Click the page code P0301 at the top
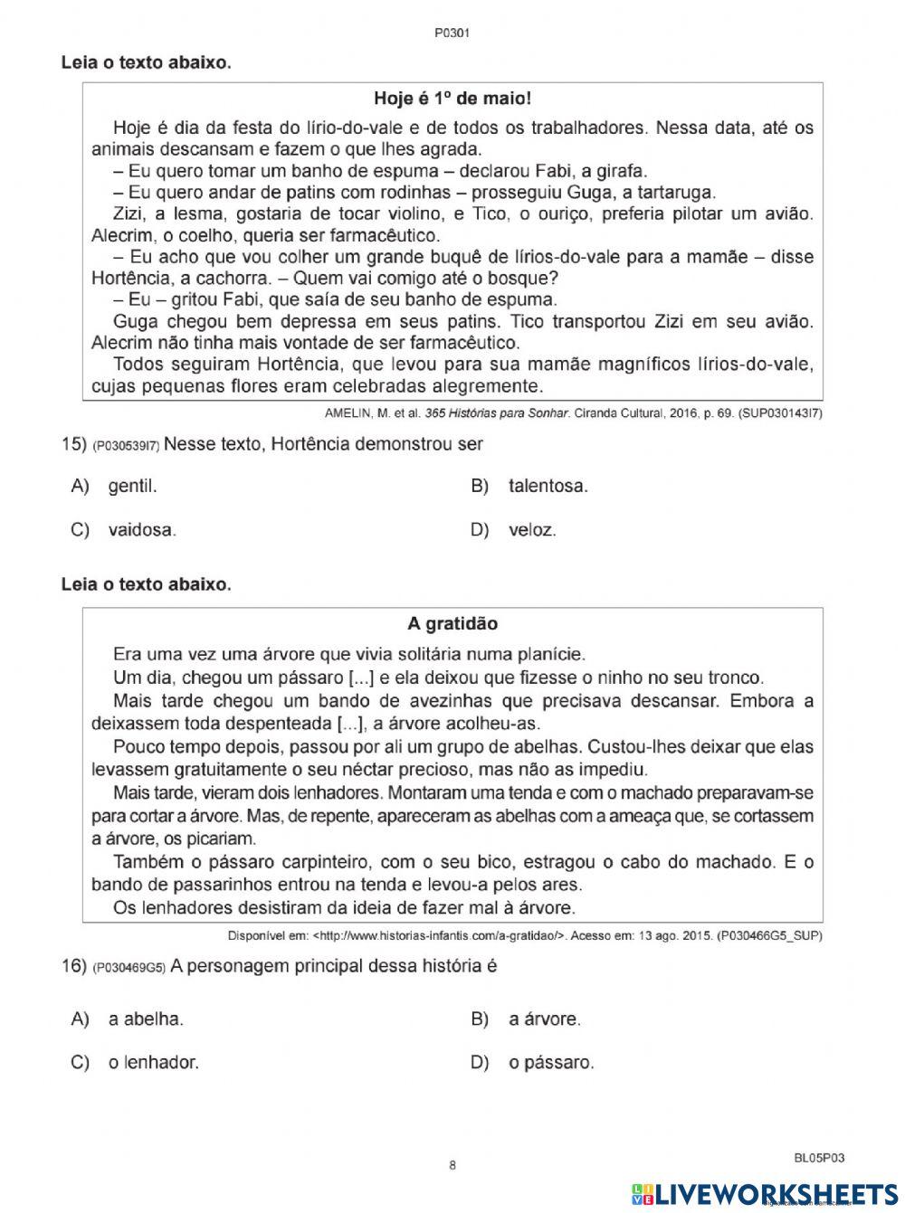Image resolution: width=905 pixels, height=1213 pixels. pos(452,33)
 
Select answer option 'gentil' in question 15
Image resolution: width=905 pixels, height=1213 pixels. pos(132,486)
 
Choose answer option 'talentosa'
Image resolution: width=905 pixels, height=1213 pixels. pos(548,486)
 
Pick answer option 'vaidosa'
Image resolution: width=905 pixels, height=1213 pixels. pos(141,530)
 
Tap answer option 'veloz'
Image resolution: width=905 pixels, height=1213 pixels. pos(532,530)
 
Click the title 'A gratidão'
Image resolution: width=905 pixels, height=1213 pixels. pos(452,623)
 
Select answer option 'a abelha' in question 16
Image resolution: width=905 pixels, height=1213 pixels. pos(145,1019)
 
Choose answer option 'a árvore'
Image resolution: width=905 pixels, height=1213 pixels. pos(544,1019)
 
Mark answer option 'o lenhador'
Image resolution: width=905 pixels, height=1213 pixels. pos(153,1062)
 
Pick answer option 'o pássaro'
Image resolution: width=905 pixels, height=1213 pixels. pos(551,1062)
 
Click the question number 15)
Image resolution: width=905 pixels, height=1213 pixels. pos(73,444)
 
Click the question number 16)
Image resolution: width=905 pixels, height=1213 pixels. pos(73,966)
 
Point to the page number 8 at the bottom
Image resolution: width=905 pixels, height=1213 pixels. pos(452,1165)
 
